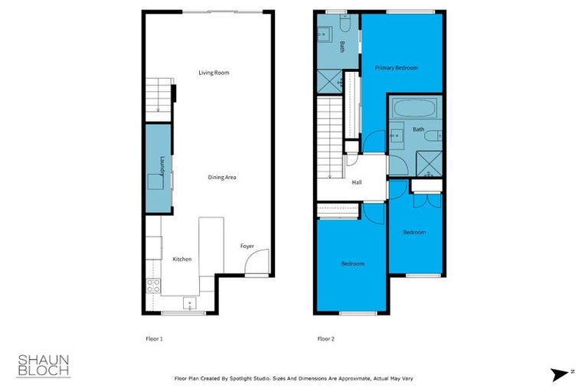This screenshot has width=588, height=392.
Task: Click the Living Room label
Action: [x=214, y=73]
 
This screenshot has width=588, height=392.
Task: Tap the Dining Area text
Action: [x=222, y=177]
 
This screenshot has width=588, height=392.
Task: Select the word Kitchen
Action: [x=181, y=260]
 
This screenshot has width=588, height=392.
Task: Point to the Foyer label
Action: [x=247, y=247]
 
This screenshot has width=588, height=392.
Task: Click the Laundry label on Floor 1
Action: [x=162, y=165]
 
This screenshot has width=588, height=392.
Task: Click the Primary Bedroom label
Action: [x=396, y=68]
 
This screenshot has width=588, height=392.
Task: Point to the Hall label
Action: [x=357, y=183]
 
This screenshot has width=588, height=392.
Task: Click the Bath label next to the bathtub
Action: [x=418, y=129]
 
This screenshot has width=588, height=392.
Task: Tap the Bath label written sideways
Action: [x=342, y=46]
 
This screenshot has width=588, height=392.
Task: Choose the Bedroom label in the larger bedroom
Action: [x=352, y=263]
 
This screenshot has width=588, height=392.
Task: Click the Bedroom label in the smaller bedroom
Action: [x=414, y=232]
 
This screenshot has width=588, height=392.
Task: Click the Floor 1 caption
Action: [x=154, y=338]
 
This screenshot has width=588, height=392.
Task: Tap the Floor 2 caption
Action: [x=326, y=338]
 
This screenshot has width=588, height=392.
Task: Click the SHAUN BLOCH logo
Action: [x=44, y=365]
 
